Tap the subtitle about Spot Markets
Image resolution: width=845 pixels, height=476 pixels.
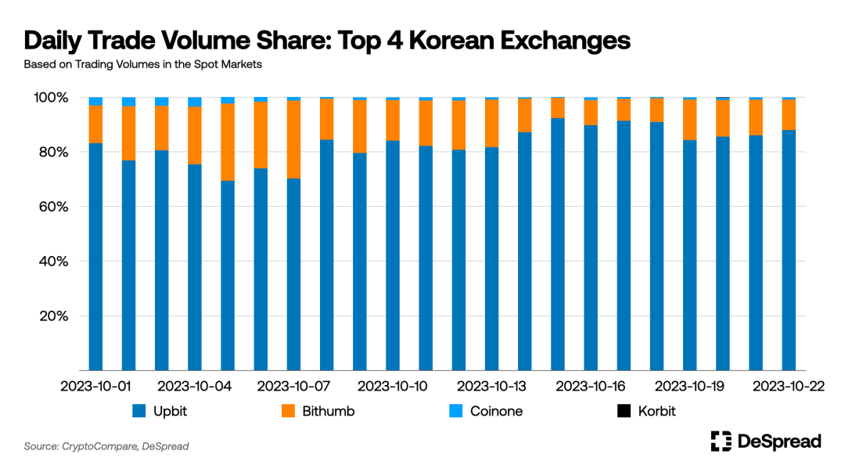(142, 64)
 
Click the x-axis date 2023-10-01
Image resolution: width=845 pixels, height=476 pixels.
(96, 387)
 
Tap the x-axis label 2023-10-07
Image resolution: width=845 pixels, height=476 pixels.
(294, 387)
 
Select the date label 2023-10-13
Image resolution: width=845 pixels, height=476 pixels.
(492, 387)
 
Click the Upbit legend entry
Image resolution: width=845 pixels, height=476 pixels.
(160, 411)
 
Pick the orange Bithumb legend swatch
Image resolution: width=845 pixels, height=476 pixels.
(288, 411)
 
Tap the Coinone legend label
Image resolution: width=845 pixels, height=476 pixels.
(496, 411)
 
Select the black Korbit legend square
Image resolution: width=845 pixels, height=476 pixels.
(624, 411)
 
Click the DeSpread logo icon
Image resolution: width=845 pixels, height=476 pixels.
(721, 442)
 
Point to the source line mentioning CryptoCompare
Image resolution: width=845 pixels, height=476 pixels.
(106, 446)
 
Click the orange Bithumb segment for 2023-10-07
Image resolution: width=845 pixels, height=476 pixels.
(294, 139)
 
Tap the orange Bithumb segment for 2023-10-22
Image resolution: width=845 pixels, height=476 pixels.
(789, 114)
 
